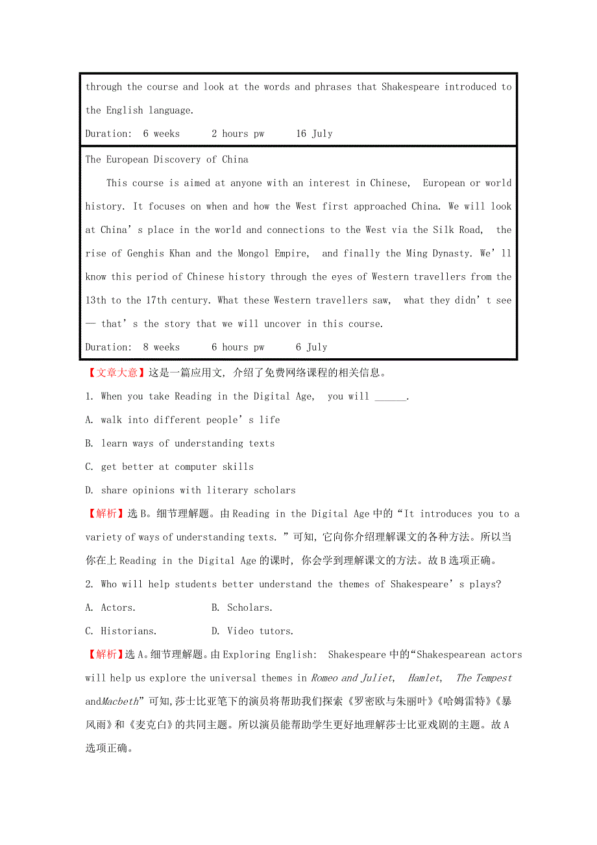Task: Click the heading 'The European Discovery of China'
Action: pyautogui.click(x=167, y=160)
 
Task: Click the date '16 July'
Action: pyautogui.click(x=314, y=134)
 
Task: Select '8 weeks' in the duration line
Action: pyautogui.click(x=162, y=347)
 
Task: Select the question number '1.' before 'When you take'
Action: pyautogui.click(x=90, y=397)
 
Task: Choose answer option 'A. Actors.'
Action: pyautogui.click(x=110, y=608)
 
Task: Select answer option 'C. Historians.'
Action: pyautogui.click(x=121, y=631)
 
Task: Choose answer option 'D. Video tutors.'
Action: pyautogui.click(x=252, y=631)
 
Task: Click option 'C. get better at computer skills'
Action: pyautogui.click(x=169, y=467)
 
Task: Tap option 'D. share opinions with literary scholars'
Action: pyautogui.click(x=190, y=491)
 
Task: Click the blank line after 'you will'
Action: pyautogui.click(x=391, y=397)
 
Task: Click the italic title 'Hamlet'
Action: pyautogui.click(x=424, y=678)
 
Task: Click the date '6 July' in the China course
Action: pyautogui.click(x=311, y=347)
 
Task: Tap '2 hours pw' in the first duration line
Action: pyautogui.click(x=238, y=134)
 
